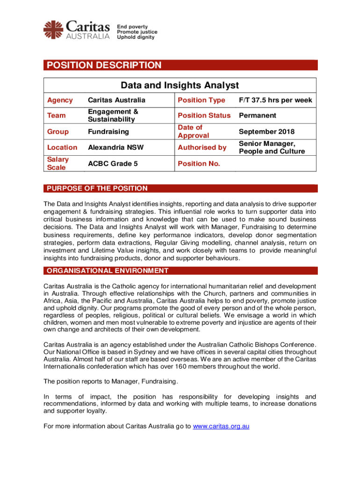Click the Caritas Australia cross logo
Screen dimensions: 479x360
[x=53, y=29]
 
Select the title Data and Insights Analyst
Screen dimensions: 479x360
[x=180, y=85]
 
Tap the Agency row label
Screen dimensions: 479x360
[x=60, y=100]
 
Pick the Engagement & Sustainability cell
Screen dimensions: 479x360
[x=114, y=115]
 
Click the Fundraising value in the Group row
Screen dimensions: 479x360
[x=108, y=132]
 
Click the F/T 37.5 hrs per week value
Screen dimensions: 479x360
[x=275, y=100]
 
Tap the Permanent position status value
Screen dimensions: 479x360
[x=257, y=115]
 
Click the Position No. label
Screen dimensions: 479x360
[x=199, y=163]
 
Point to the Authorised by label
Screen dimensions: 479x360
[x=202, y=147]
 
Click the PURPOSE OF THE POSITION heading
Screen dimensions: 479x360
[x=96, y=189]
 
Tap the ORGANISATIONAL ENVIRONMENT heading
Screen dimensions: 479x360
[x=106, y=270]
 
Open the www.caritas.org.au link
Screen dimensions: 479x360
[x=221, y=426]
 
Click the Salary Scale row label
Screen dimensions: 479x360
[x=58, y=163]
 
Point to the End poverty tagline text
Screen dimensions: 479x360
[x=132, y=27]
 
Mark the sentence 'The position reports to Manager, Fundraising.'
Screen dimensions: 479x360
[x=111, y=382]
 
